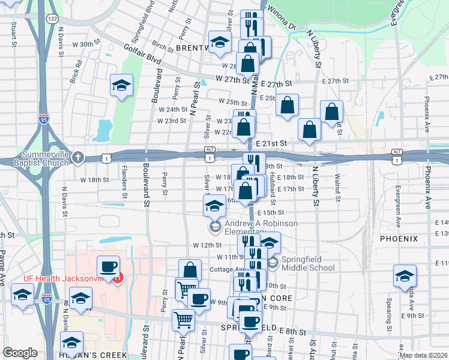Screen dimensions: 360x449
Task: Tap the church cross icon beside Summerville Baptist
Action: [x=77, y=158]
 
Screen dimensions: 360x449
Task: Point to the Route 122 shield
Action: [x=53, y=20]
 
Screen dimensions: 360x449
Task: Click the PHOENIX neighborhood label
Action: [x=399, y=239]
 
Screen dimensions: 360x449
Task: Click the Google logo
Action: [x=20, y=353]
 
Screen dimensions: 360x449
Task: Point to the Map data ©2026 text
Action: [x=423, y=355]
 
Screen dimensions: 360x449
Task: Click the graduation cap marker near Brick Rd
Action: [x=121, y=86]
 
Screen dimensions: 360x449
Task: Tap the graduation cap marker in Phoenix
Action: [x=405, y=275]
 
